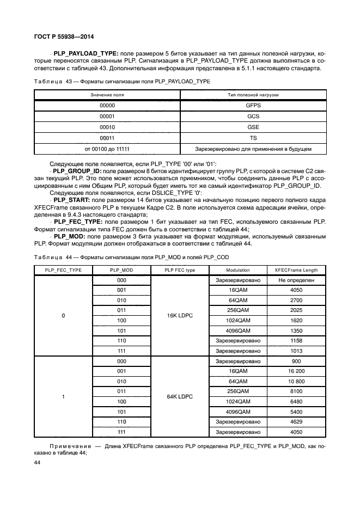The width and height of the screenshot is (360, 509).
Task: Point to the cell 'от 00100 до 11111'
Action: click(107, 149)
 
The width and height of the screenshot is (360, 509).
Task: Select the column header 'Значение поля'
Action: click(107, 95)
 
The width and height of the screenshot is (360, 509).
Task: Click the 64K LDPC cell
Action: click(180, 396)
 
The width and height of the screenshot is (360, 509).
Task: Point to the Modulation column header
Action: click(238, 270)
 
